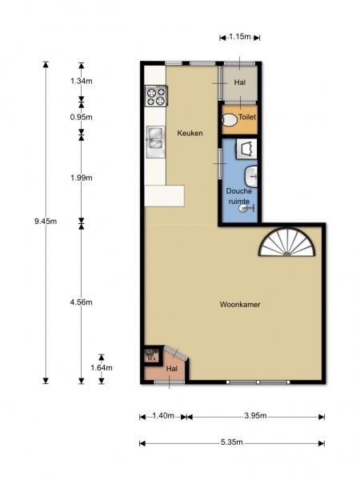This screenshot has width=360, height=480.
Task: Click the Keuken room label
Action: tap(190, 133)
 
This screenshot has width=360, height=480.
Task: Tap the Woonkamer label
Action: tap(240, 304)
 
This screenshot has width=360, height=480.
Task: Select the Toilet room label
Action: tap(247, 117)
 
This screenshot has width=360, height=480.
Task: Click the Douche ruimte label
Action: tap(239, 196)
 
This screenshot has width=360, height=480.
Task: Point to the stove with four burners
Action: tap(156, 96)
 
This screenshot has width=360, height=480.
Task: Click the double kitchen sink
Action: tap(155, 142)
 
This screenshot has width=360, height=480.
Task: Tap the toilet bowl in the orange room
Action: tap(230, 120)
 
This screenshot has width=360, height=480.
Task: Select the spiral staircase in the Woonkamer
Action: tap(287, 242)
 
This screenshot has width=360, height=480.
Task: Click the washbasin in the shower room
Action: tap(251, 177)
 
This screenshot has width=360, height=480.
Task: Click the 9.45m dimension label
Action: tap(46, 222)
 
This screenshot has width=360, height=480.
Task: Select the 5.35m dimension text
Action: tap(232, 442)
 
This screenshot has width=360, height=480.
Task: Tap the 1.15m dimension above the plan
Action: tap(240, 37)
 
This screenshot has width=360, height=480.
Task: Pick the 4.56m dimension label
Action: tap(81, 302)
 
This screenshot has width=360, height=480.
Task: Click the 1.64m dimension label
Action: tap(102, 368)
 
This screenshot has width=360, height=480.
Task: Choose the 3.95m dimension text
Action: tap(256, 416)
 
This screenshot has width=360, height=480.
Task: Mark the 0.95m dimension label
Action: tap(81, 117)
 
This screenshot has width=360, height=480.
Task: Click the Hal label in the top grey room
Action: tap(240, 82)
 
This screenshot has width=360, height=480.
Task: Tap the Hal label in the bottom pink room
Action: tap(172, 369)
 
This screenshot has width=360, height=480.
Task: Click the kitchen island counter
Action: tap(164, 196)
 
